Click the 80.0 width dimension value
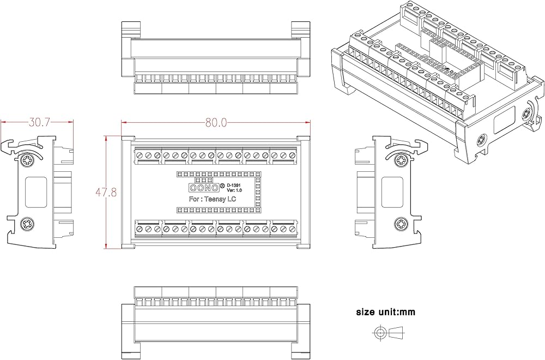pyautogui.click(x=216, y=122)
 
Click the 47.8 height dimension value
pyautogui.click(x=106, y=193)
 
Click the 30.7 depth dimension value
pyautogui.click(x=40, y=122)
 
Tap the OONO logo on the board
pyautogui.click(x=204, y=188)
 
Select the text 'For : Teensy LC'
pyautogui.click(x=213, y=199)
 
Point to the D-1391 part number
pyautogui.click(x=234, y=185)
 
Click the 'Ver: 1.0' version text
pyautogui.click(x=234, y=190)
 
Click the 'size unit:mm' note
pyautogui.click(x=385, y=312)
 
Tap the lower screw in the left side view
pyautogui.click(x=27, y=224)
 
